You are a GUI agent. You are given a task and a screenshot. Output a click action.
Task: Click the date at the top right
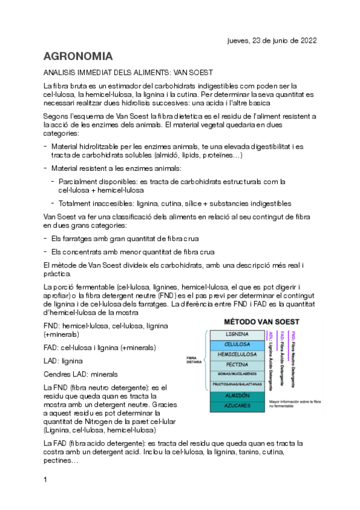click(x=272, y=40)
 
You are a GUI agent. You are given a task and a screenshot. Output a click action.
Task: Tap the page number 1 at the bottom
click(x=45, y=479)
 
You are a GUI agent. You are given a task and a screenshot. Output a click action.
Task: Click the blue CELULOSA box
click(x=237, y=345)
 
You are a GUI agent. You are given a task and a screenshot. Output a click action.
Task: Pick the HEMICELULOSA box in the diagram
click(x=237, y=355)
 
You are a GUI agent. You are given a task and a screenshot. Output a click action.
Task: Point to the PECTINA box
click(x=237, y=364)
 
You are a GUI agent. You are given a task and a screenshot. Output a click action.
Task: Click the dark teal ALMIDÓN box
click(x=237, y=396)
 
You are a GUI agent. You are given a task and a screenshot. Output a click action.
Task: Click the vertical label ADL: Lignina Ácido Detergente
click(x=272, y=354)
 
